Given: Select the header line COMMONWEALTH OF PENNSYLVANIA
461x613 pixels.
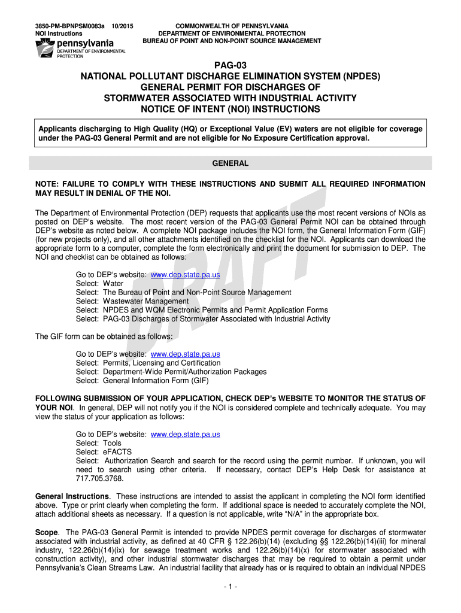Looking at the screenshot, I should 232,26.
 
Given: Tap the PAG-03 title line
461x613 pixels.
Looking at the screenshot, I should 230,65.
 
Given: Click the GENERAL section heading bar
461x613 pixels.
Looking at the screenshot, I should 230,163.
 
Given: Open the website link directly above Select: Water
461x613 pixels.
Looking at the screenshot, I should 185,275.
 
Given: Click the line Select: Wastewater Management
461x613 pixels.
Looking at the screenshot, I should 132,301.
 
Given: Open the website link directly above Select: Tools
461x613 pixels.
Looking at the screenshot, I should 185,434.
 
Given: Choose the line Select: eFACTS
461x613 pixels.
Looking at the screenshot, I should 104,452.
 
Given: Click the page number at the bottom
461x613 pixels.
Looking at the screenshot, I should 230,587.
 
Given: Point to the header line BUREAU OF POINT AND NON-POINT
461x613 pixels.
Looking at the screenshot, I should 232,41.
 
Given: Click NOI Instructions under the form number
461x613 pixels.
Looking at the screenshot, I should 58,34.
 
